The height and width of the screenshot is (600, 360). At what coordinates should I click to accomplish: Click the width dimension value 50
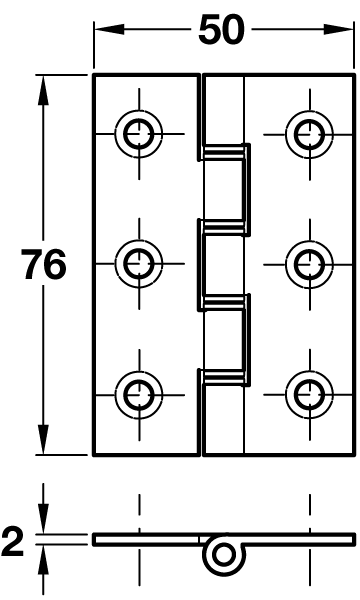[221, 30]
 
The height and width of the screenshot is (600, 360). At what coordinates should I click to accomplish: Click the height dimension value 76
[44, 265]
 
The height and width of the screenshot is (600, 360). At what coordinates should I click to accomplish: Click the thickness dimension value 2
[13, 542]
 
